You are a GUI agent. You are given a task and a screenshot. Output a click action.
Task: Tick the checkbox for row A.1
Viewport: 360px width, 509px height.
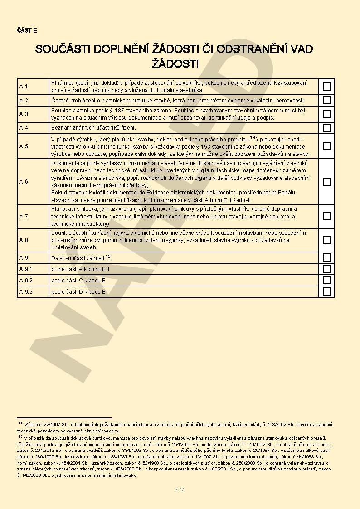pyautogui.click(x=326, y=86)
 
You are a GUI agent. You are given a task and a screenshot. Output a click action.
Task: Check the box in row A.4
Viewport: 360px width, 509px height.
pyautogui.click(x=326, y=128)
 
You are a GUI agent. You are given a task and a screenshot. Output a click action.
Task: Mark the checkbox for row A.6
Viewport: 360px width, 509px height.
pyautogui.click(x=326, y=181)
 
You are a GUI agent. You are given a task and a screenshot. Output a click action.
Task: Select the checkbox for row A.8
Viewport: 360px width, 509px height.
pyautogui.click(x=326, y=240)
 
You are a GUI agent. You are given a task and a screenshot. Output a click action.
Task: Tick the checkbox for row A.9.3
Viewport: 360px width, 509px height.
pyautogui.click(x=326, y=291)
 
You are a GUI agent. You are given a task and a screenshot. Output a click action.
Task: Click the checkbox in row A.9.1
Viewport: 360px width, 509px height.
pyautogui.click(x=326, y=269)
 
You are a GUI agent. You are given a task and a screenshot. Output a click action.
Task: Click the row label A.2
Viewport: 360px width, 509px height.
pyautogui.click(x=24, y=100)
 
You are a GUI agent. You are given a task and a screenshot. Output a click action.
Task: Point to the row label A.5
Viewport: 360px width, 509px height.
pyautogui.click(x=24, y=146)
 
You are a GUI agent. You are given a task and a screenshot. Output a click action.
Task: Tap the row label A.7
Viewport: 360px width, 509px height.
pyautogui.click(x=24, y=216)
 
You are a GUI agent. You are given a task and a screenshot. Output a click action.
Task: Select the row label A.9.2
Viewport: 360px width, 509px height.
pyautogui.click(x=26, y=280)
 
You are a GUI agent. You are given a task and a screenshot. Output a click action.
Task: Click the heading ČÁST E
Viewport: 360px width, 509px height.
pyautogui.click(x=27, y=30)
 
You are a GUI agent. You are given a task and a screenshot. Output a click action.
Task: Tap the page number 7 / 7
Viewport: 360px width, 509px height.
pyautogui.click(x=180, y=489)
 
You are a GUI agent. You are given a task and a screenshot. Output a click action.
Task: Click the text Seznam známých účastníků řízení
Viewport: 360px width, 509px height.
pyautogui.click(x=93, y=128)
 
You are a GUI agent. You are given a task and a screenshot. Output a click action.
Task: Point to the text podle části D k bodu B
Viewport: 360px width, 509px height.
pyautogui.click(x=78, y=291)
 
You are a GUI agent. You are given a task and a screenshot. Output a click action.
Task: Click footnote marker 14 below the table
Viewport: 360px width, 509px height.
pyautogui.click(x=20, y=423)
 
